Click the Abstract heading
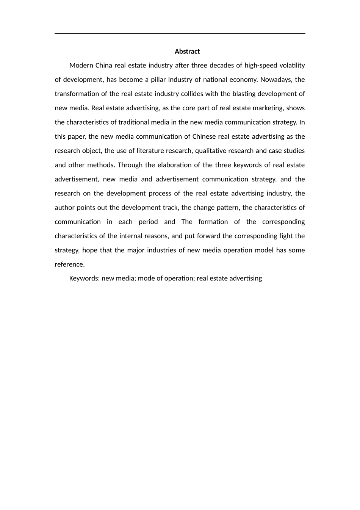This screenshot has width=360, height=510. click(187, 52)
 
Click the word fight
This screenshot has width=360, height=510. click(285, 236)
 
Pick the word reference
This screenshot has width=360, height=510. click(70, 264)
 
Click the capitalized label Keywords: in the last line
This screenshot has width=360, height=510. click(85, 278)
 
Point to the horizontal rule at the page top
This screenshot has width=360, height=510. click(180, 33)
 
